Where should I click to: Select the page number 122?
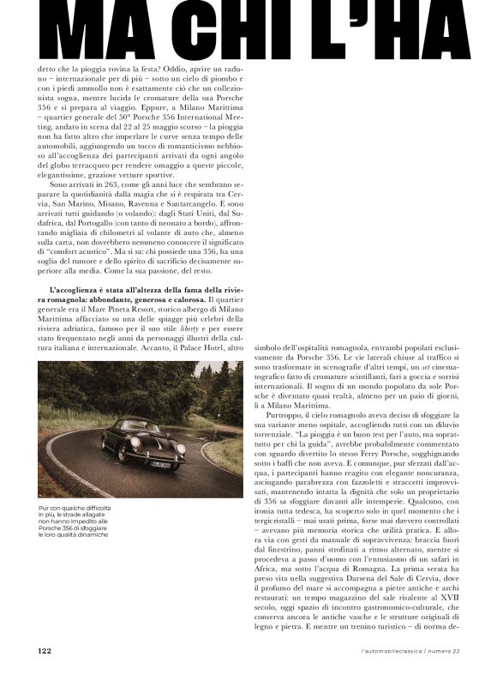45,649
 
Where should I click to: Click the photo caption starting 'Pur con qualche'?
76,521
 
